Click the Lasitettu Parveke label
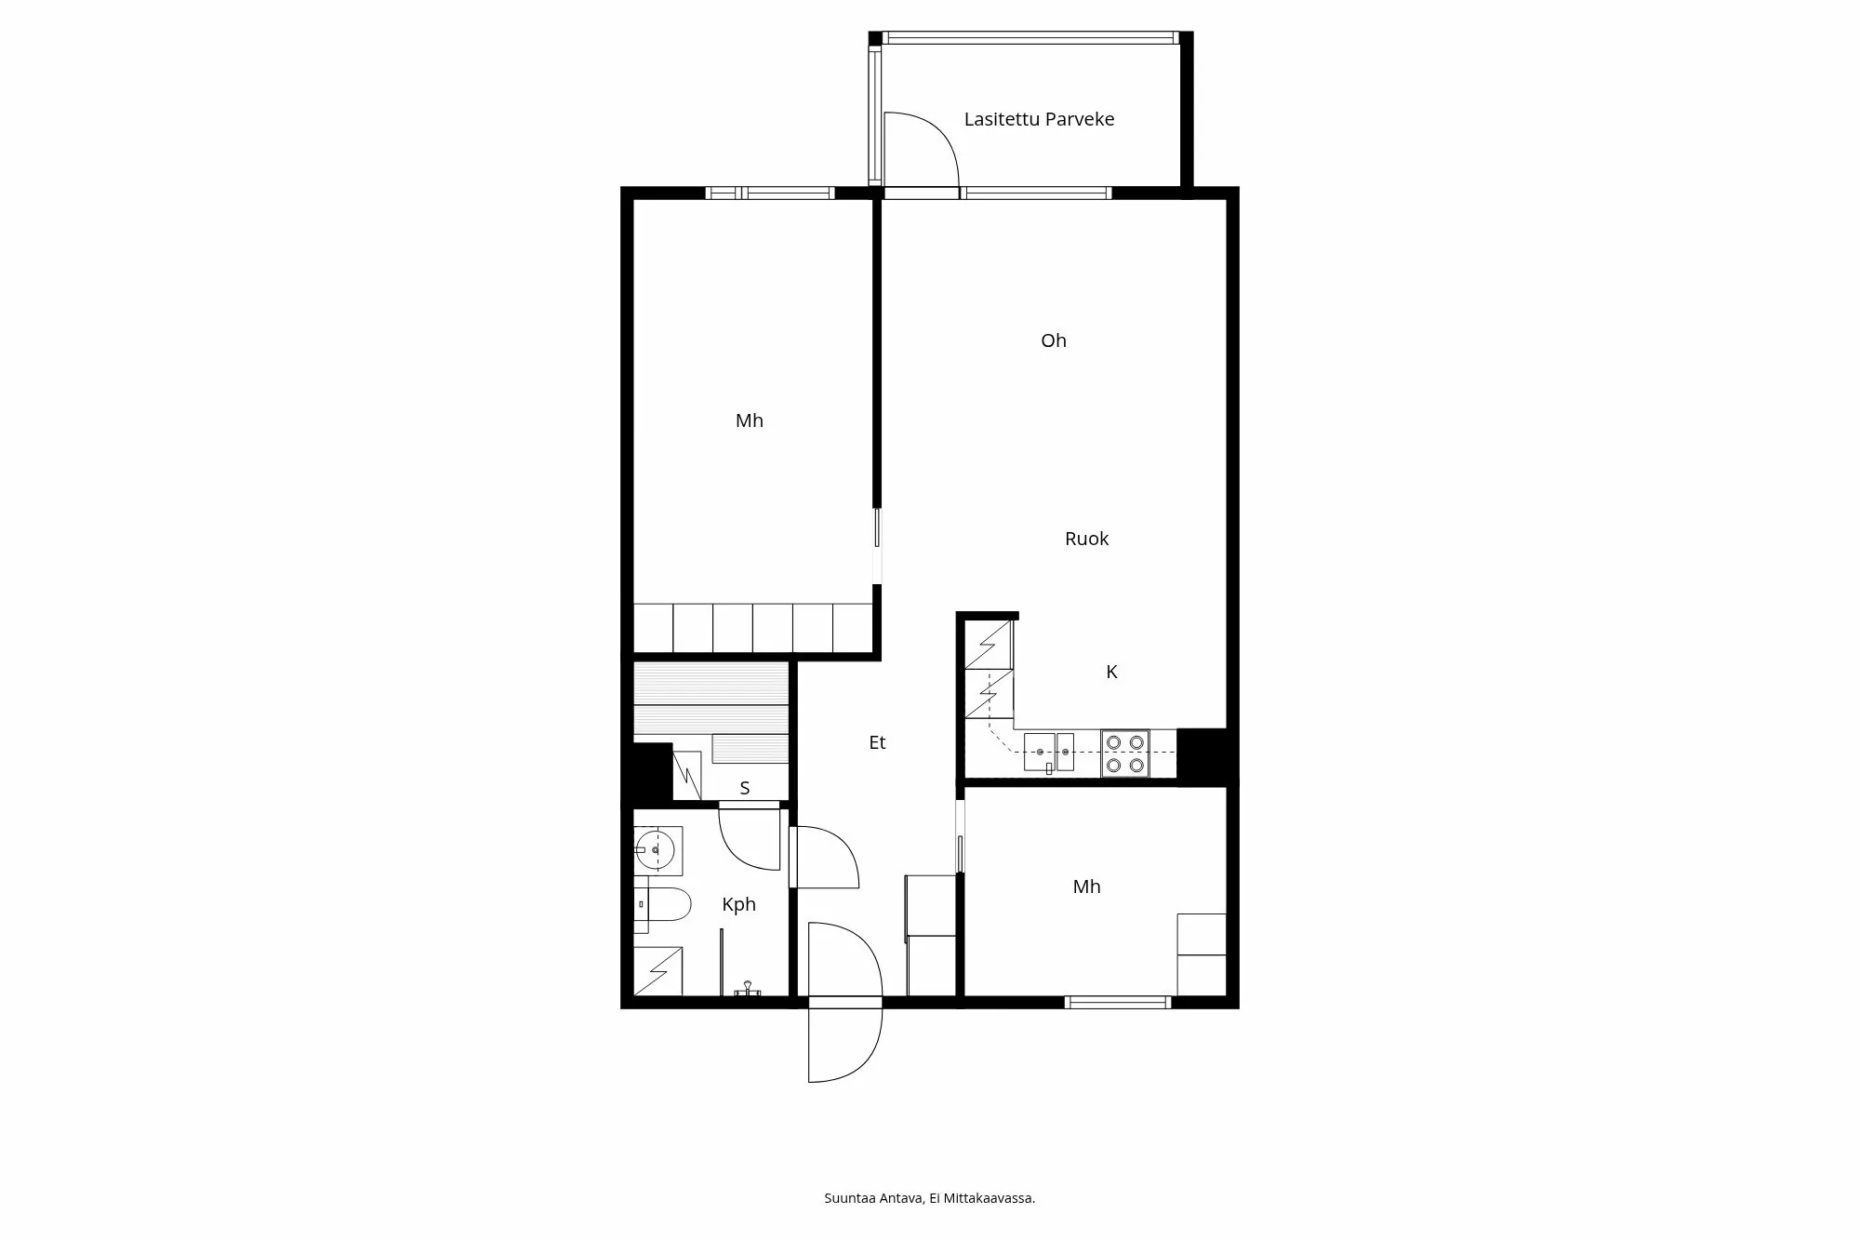(x=1038, y=119)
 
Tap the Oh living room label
(x=1053, y=341)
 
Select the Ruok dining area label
(x=1086, y=539)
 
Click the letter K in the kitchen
(x=1111, y=672)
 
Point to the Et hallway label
(x=877, y=742)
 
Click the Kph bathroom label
(x=738, y=904)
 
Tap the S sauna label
(x=744, y=789)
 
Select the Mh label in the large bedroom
(x=749, y=420)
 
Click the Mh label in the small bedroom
(x=1086, y=887)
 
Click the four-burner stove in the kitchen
(x=1124, y=753)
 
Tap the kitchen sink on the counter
(x=1048, y=752)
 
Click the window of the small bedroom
(x=1116, y=1002)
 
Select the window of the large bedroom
(x=769, y=193)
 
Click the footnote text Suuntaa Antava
(x=873, y=1198)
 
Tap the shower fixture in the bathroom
(x=747, y=988)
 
